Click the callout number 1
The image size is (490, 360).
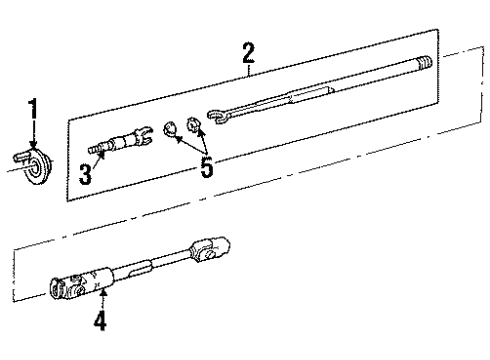[x=33, y=108]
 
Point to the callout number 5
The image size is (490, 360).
[x=207, y=167]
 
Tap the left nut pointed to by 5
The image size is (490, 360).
[x=171, y=127]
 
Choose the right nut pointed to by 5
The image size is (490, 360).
[x=196, y=130]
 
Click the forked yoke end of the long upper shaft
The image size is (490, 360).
[x=218, y=119]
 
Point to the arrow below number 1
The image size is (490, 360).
[x=33, y=135]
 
